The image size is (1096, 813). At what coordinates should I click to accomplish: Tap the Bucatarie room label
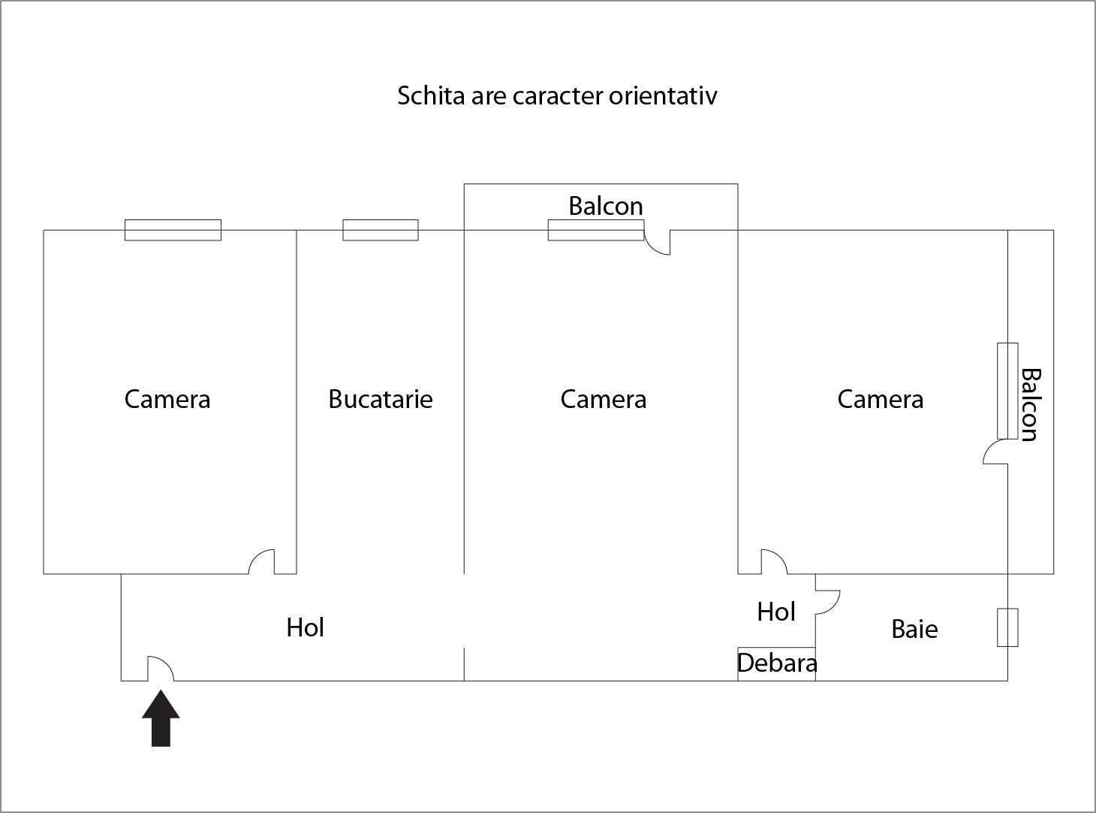(381, 399)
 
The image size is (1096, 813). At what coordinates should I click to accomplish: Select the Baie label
(914, 630)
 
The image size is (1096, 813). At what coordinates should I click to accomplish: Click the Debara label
(777, 663)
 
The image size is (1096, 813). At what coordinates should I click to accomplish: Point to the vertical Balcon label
(1031, 405)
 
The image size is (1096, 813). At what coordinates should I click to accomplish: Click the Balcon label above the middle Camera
(606, 206)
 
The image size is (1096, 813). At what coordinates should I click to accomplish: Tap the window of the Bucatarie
(381, 230)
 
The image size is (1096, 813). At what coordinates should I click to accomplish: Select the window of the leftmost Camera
(173, 230)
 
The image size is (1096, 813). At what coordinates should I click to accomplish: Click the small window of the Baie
(1007, 627)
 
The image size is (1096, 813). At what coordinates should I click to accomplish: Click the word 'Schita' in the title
(432, 95)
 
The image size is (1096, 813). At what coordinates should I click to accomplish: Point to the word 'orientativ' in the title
(663, 95)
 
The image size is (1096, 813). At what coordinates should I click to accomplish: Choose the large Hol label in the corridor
(306, 627)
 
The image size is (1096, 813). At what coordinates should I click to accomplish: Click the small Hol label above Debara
(776, 612)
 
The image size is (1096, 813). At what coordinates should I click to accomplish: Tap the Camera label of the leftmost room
(167, 399)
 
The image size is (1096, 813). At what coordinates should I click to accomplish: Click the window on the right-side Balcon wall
(1007, 391)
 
